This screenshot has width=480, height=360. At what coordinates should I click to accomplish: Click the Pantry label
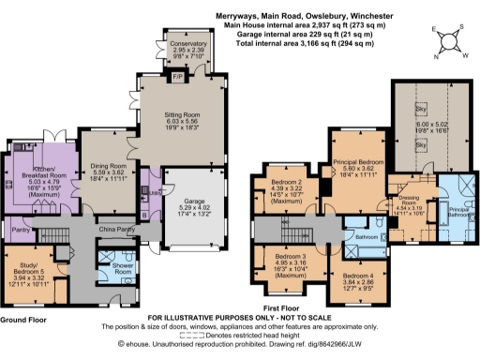click(x=17, y=228)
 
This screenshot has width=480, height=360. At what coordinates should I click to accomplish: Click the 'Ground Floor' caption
click(x=24, y=320)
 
